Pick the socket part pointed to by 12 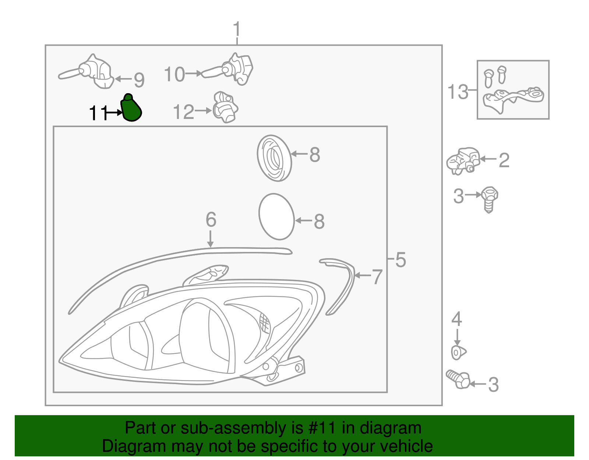[x=225, y=108]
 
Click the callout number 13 [x=458, y=92]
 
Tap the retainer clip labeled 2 [x=463, y=161]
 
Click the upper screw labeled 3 [x=489, y=199]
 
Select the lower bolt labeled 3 [x=458, y=379]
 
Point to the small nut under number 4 [x=458, y=352]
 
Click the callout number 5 [x=401, y=260]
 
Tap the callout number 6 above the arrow [x=211, y=220]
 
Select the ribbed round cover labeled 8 [x=274, y=158]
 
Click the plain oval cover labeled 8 [x=276, y=217]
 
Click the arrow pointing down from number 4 [x=457, y=337]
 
